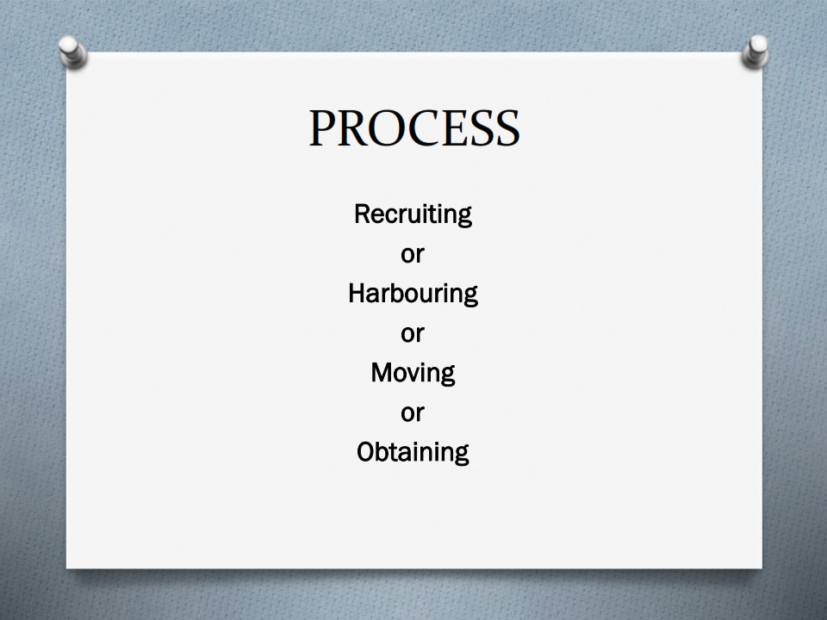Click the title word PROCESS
pos(414,128)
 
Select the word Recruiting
pos(413,214)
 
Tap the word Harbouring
pos(413,294)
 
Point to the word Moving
pos(413,373)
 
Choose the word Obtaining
pos(413,452)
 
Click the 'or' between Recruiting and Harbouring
pos(413,255)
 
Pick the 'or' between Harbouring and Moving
pos(413,334)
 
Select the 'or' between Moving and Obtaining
pos(413,413)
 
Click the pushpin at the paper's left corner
pos(72,52)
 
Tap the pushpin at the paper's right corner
pos(755,52)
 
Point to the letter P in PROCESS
pos(321,128)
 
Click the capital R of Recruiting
pos(362,214)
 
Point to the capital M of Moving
pos(382,372)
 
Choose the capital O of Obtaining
pos(367,452)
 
